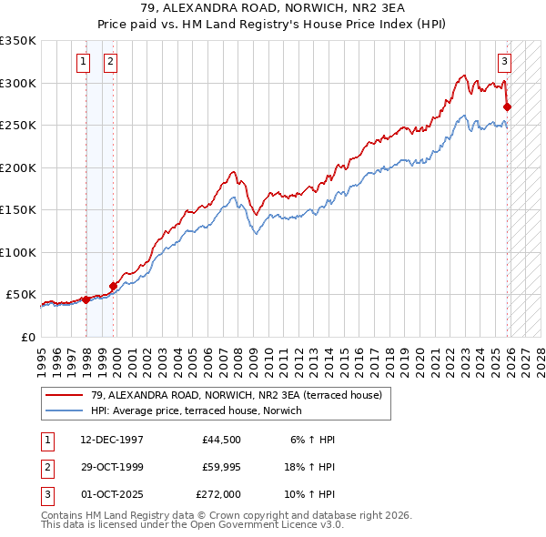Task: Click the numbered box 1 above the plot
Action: coord(84,62)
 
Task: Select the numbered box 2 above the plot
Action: coord(110,62)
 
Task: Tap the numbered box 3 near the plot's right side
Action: coord(504,62)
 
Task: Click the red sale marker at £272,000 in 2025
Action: coord(507,106)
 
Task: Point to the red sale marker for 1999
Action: coord(114,286)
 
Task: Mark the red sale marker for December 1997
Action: coord(86,299)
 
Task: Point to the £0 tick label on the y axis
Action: coord(29,337)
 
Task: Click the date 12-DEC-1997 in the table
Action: coord(112,439)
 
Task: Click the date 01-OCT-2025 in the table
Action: coord(112,494)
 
